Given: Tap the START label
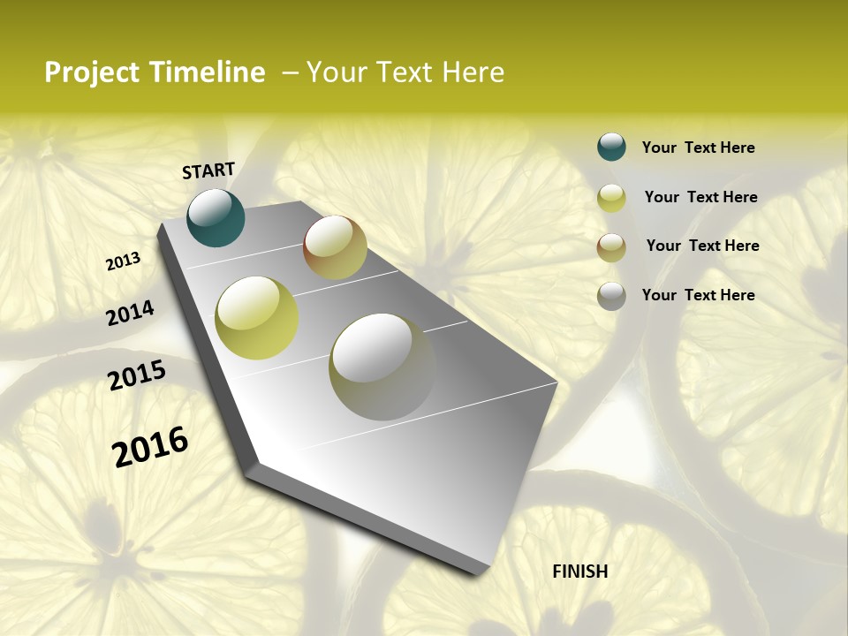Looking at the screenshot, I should (208, 170).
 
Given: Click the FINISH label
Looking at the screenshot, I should (580, 572).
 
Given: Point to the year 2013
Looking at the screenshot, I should (124, 261).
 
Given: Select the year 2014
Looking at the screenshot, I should (131, 313).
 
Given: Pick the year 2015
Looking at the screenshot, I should (137, 375).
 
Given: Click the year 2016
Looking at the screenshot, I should (150, 447).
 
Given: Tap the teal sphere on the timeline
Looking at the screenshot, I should (216, 217).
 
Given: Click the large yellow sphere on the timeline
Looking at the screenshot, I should (257, 318).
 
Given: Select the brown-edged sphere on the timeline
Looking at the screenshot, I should (335, 247).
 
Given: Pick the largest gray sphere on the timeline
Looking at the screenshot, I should (382, 367).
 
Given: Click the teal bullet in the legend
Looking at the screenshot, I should (611, 147).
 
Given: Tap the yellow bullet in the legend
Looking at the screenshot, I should (611, 198).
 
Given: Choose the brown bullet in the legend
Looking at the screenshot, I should (611, 247).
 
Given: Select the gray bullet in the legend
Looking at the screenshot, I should (611, 296).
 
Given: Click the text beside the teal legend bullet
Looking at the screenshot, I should (698, 148).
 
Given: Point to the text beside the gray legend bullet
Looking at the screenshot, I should (698, 295).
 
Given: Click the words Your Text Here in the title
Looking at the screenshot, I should (405, 72).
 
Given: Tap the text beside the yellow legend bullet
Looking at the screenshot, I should (700, 197).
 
